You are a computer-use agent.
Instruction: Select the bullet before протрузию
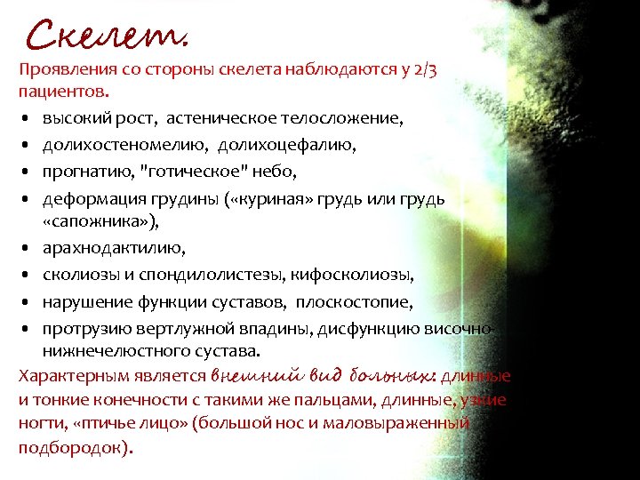point(28,330)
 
